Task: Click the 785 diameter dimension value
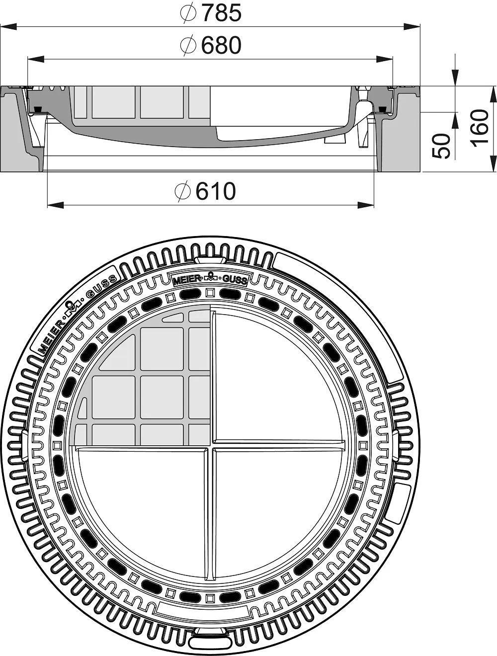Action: click(x=221, y=13)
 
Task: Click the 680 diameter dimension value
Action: click(x=221, y=45)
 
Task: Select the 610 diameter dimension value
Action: click(x=216, y=191)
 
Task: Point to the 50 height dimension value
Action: click(x=441, y=146)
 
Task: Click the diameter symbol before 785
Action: click(x=188, y=13)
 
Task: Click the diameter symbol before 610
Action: click(x=182, y=191)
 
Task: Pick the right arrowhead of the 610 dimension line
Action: click(x=366, y=205)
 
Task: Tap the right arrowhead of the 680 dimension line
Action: click(x=384, y=59)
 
